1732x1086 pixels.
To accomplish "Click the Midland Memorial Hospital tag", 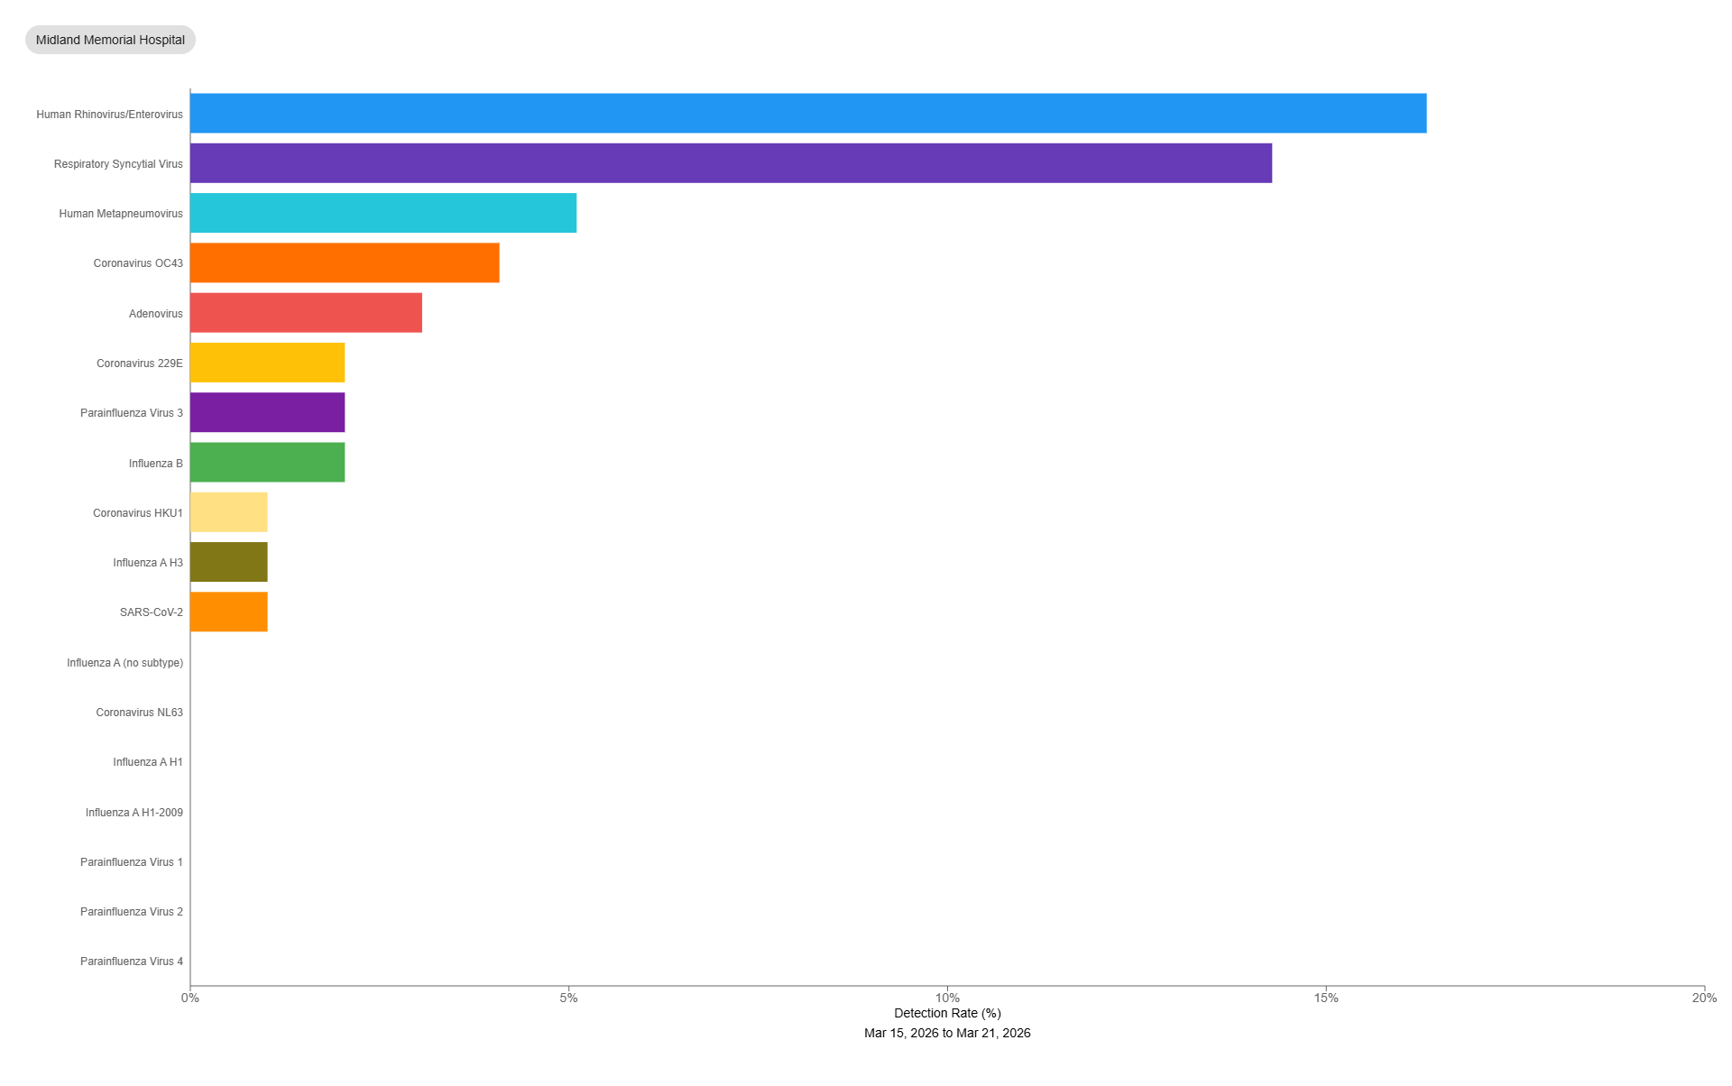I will pos(110,40).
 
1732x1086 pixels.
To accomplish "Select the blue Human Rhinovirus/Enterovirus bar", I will pos(807,114).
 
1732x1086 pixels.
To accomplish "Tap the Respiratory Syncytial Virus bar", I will pos(731,163).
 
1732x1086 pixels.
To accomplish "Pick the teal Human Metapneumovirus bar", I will pos(383,213).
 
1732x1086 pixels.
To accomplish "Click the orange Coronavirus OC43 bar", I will pos(345,262).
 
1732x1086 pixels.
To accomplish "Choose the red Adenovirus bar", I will pos(306,313).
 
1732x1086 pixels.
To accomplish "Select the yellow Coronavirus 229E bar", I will pos(267,363).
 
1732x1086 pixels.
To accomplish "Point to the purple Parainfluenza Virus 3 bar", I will pos(267,412).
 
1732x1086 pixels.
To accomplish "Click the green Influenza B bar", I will pos(267,462).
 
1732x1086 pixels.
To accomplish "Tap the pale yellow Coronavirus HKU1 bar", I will pos(229,512).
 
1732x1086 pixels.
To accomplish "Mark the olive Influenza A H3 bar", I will pos(229,562).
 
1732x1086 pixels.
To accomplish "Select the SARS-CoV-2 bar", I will pos(229,612).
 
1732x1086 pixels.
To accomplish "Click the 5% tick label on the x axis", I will pos(568,998).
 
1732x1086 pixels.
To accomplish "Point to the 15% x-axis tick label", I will pos(1326,998).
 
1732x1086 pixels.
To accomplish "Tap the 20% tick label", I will pos(1703,998).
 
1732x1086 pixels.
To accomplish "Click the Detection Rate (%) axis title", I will pos(947,1013).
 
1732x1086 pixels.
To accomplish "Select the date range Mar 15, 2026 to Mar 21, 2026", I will pos(947,1033).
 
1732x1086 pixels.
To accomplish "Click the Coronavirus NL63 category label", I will pos(139,713).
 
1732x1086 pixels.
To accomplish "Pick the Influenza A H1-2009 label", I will pos(134,813).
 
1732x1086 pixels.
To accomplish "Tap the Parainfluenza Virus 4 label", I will pos(131,962).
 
